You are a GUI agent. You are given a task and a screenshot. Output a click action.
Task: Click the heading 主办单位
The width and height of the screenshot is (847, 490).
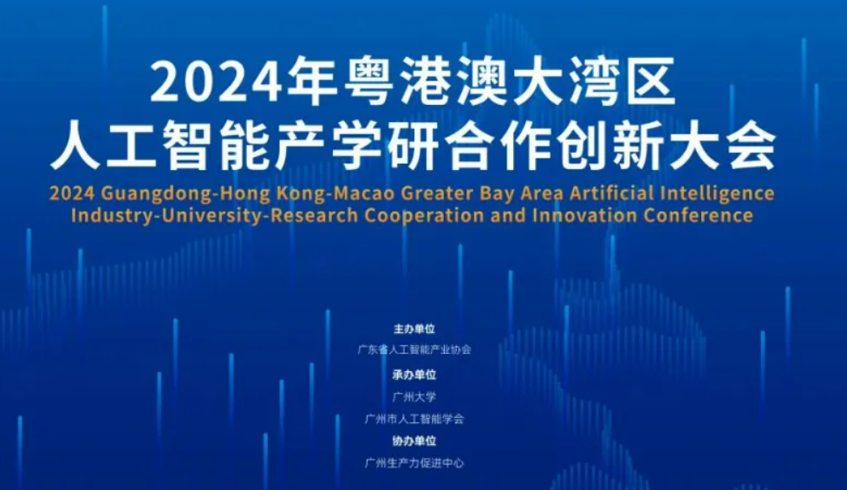pyautogui.click(x=414, y=330)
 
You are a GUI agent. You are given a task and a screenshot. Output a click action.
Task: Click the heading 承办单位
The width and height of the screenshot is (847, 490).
pyautogui.click(x=414, y=375)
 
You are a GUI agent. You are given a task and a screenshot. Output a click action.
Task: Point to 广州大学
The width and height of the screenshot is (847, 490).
pyautogui.click(x=414, y=396)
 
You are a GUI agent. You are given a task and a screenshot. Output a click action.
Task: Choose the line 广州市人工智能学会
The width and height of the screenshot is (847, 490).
pyautogui.click(x=414, y=419)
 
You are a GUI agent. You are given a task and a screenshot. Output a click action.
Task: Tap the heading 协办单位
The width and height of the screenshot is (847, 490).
pyautogui.click(x=414, y=441)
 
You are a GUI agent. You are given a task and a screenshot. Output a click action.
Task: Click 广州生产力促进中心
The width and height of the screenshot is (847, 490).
pyautogui.click(x=414, y=463)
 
